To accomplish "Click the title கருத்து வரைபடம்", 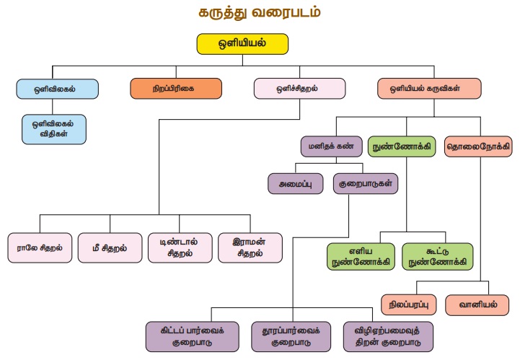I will point(260,12).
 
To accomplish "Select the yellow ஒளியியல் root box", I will point(242,43).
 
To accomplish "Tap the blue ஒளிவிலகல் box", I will point(57,89).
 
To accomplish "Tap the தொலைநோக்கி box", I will point(478,146).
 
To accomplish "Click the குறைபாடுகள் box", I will point(366,183).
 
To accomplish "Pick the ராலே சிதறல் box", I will point(40,247).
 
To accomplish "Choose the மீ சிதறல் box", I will point(109,247).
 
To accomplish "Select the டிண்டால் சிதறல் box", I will point(179,247).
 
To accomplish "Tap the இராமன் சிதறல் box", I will point(249,247).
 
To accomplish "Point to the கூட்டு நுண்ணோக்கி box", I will point(438,257).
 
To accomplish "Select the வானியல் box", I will point(482,304).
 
